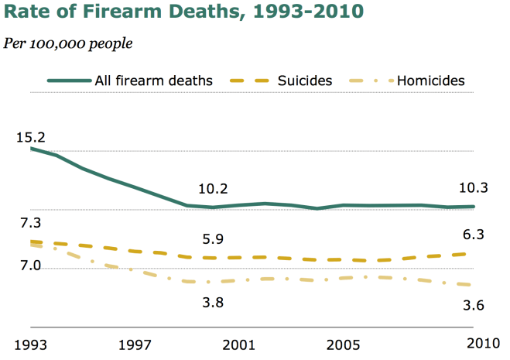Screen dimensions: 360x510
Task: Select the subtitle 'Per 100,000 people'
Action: (x=67, y=42)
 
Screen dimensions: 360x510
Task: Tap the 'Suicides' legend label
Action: (x=305, y=80)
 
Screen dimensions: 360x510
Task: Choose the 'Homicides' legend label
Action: (x=431, y=80)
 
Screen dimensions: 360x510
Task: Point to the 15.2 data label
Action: (x=30, y=138)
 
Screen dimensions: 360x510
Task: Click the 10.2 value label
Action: (x=213, y=188)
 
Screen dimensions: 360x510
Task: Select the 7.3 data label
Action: (x=30, y=223)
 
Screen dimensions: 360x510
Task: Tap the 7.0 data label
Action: (x=30, y=266)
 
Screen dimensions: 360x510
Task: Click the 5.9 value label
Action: (x=213, y=239)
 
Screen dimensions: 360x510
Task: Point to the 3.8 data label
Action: (x=213, y=303)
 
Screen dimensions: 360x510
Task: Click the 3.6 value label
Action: (x=474, y=305)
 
